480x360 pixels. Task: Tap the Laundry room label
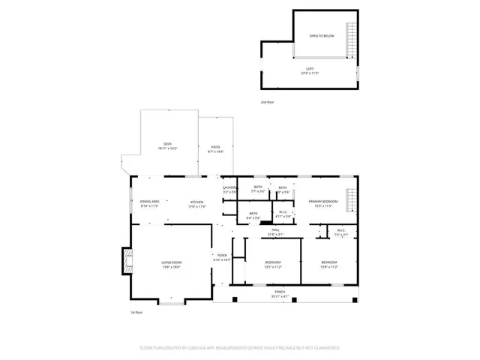(229, 190)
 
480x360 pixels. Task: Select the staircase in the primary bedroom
(351, 202)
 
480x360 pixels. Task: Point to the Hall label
(275, 232)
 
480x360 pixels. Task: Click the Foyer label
(222, 257)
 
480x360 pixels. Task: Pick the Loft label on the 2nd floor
(310, 70)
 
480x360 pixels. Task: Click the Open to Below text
(322, 35)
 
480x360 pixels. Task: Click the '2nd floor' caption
(267, 101)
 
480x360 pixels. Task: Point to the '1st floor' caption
(136, 312)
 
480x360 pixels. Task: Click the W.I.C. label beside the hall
(340, 232)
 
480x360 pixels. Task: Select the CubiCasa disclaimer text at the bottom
(240, 348)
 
